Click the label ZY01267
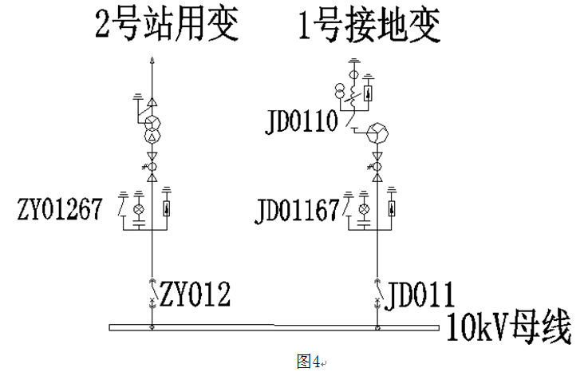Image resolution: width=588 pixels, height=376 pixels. pyautogui.click(x=59, y=209)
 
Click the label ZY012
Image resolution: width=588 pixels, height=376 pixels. pyautogui.click(x=195, y=295)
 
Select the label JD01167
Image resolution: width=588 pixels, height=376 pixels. pyautogui.click(x=298, y=210)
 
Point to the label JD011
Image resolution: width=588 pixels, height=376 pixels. pyautogui.click(x=420, y=295)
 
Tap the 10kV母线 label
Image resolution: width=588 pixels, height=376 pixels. pyautogui.click(x=510, y=328)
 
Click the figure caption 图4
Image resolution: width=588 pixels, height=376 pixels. pyautogui.click(x=307, y=362)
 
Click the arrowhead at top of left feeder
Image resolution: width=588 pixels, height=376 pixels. pyautogui.click(x=152, y=61)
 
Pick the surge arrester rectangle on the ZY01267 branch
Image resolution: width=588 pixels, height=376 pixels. pyautogui.click(x=166, y=210)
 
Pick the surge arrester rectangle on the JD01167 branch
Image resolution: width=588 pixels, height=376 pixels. pyautogui.click(x=391, y=210)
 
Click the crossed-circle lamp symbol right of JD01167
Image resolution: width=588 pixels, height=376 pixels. pyautogui.click(x=365, y=209)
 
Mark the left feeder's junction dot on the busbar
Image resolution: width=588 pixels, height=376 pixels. pyautogui.click(x=152, y=326)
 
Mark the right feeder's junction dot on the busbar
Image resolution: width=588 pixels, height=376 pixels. pyautogui.click(x=377, y=326)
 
